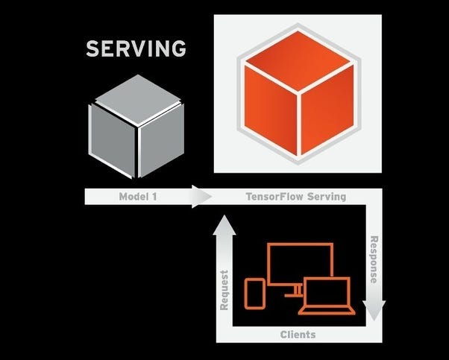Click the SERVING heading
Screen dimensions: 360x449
[135, 50]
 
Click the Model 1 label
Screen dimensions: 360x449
[138, 197]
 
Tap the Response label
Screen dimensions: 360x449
[372, 259]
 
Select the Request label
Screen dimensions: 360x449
[224, 289]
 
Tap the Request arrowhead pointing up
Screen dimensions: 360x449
[224, 224]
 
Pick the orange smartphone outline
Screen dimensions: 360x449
[254, 292]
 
